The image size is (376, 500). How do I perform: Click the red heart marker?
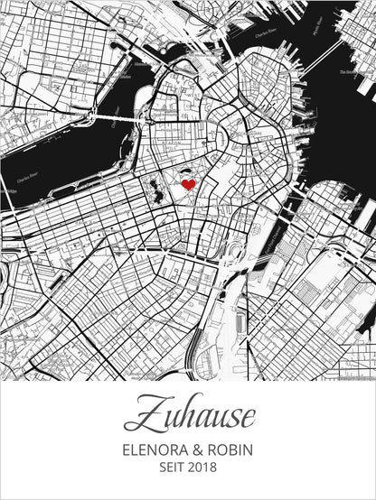coord(188,184)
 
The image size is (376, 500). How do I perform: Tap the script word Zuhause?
coord(189,417)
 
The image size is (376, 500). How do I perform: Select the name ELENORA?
coord(157,449)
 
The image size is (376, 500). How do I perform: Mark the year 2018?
coord(204,468)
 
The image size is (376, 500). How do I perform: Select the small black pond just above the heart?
coord(183,171)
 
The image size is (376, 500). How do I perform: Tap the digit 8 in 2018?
coord(215,468)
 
